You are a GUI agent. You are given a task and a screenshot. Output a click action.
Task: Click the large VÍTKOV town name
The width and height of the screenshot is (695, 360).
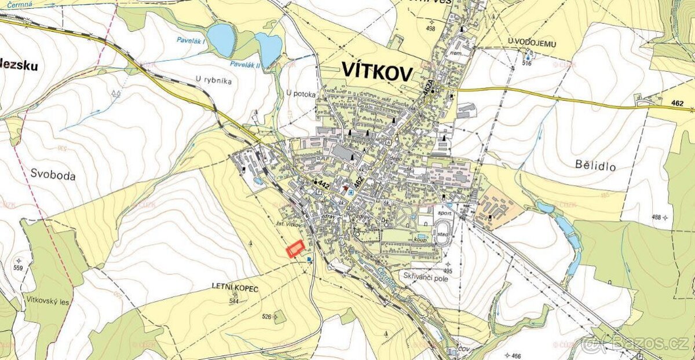pos(377,72)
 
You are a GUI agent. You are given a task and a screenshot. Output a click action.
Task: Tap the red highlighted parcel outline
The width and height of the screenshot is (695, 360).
pos(295,249)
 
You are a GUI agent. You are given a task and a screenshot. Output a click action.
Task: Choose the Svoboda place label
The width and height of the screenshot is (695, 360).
pos(53,175)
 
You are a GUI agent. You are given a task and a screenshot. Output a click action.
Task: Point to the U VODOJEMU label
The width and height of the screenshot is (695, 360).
pos(528,40)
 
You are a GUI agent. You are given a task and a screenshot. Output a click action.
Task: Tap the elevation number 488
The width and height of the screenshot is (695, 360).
pos(656,217)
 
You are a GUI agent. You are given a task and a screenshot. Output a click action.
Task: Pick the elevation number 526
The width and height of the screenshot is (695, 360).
pos(267,317)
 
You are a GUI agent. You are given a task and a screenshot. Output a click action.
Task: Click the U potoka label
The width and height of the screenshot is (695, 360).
pos(301,94)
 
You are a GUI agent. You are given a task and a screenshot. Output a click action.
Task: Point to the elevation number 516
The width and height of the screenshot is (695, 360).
pos(526,63)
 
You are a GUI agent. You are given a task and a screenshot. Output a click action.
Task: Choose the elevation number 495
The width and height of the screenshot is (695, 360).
pos(447,271)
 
